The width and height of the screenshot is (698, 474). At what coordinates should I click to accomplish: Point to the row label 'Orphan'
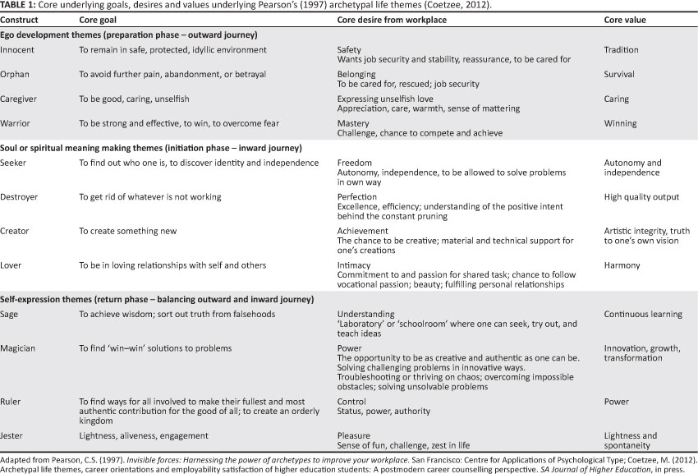16,74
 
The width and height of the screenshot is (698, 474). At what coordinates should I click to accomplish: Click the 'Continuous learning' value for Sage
643,314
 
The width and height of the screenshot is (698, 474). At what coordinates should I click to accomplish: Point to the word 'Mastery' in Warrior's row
354,123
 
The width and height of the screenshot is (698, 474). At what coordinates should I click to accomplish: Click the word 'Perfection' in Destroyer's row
359,197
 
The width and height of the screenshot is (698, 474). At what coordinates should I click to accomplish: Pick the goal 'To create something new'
128,231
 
